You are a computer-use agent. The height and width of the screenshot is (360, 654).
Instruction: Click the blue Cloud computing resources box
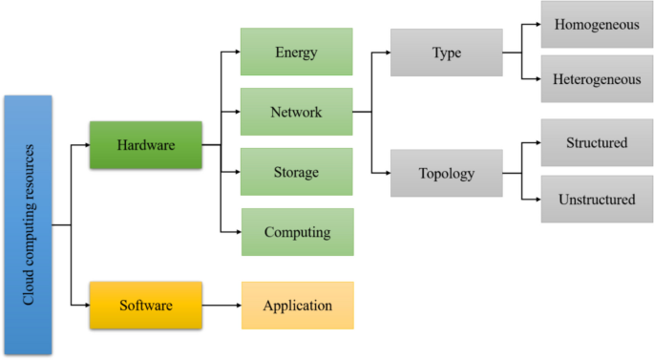tap(28, 224)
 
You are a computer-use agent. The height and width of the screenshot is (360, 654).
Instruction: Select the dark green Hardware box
tap(145, 145)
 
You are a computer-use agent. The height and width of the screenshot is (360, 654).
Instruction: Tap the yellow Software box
tap(145, 306)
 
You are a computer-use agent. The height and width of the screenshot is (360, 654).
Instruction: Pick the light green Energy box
tap(296, 52)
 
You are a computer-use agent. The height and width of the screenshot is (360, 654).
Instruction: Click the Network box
tap(296, 112)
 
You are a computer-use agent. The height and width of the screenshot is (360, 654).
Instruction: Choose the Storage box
tap(296, 172)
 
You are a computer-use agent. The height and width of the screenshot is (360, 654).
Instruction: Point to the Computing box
tap(297, 232)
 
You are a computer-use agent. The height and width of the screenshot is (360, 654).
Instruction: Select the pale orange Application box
tap(297, 306)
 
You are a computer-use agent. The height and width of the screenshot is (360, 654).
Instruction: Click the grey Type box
tap(446, 53)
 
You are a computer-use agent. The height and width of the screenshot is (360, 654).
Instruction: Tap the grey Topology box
tap(446, 174)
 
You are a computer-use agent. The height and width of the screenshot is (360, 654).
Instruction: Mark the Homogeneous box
tap(597, 25)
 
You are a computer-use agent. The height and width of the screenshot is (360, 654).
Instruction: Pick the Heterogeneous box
tap(597, 79)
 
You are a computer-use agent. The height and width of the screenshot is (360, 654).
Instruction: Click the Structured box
tap(597, 143)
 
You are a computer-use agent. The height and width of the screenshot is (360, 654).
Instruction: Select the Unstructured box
tap(597, 199)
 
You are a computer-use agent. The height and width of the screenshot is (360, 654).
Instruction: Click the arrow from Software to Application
tap(221, 306)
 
